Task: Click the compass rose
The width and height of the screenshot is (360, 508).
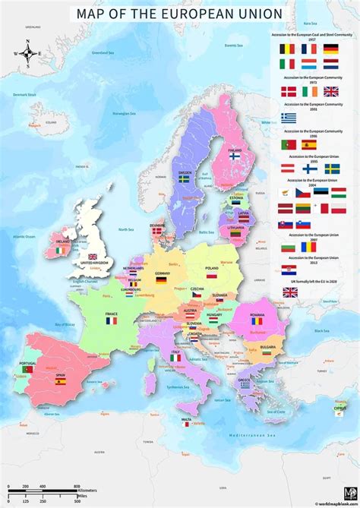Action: [x=27, y=53]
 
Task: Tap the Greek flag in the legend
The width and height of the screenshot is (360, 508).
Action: [x=289, y=118]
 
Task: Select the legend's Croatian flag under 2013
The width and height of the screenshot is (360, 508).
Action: [x=289, y=270]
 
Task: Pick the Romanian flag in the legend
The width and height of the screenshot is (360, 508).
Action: [x=310, y=248]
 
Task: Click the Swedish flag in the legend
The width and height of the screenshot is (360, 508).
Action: [x=332, y=169]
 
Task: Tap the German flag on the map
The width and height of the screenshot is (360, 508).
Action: [x=161, y=279]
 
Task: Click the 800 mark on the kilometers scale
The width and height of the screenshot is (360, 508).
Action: [x=77, y=486]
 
